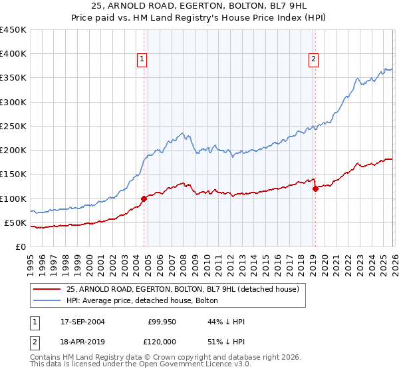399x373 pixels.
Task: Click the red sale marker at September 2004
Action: click(144, 198)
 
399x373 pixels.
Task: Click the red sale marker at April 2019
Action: click(315, 188)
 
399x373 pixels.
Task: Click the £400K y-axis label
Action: click(13, 54)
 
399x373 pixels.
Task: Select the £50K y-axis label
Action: click(16, 222)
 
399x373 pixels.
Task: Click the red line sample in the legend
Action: click(47, 289)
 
